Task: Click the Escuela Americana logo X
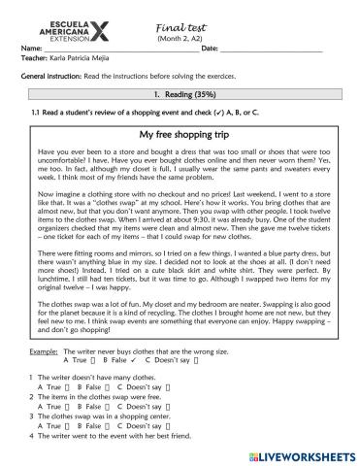click(114, 21)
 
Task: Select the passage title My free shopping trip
click(181, 134)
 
